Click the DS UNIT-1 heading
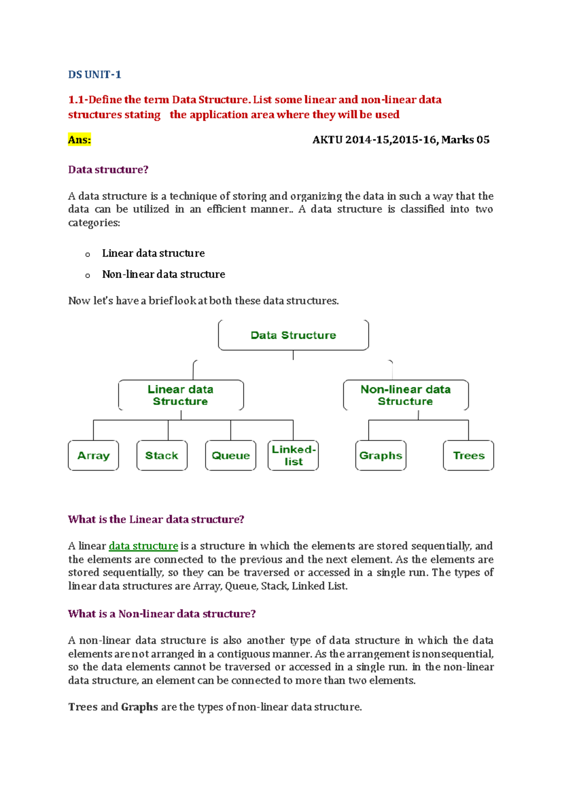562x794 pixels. pyautogui.click(x=95, y=74)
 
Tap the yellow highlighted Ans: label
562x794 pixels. pyautogui.click(x=79, y=140)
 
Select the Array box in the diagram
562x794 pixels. pyautogui.click(x=93, y=456)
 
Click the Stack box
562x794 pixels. pyautogui.click(x=162, y=456)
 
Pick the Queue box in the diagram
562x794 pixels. pyautogui.click(x=230, y=456)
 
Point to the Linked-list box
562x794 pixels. pyautogui.click(x=293, y=456)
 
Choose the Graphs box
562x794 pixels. pyautogui.click(x=380, y=456)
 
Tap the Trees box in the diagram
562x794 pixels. pyautogui.click(x=468, y=456)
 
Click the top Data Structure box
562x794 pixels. pyautogui.click(x=293, y=335)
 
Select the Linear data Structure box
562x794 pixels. pyautogui.click(x=181, y=395)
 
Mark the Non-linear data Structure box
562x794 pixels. pyautogui.click(x=406, y=395)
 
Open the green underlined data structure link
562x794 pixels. pyautogui.click(x=143, y=546)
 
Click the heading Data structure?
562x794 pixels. pyautogui.click(x=108, y=169)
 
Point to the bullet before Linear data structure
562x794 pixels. pyautogui.click(x=88, y=255)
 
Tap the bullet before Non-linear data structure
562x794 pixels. pyautogui.click(x=88, y=276)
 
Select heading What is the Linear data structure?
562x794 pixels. pyautogui.click(x=156, y=519)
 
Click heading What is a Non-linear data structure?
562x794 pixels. pyautogui.click(x=162, y=614)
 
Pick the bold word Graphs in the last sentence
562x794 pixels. pyautogui.click(x=139, y=707)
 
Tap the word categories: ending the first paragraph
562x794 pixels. pyautogui.click(x=94, y=223)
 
